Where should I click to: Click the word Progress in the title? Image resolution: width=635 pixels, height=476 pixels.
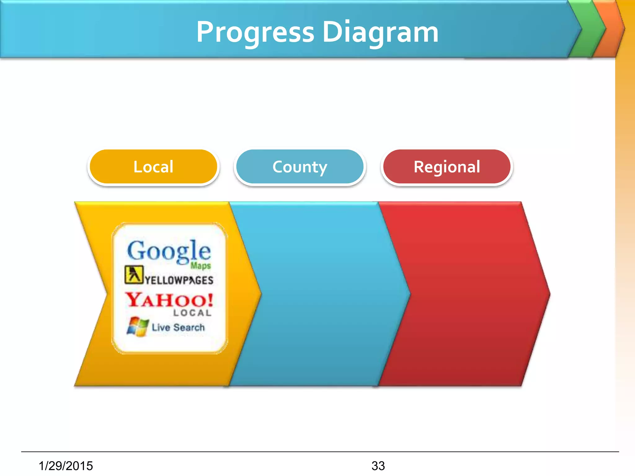(255, 33)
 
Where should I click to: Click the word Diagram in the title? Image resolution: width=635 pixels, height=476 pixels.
(380, 33)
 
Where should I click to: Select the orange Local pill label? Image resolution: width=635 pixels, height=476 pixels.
(153, 167)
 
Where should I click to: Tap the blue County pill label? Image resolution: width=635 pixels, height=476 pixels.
(300, 167)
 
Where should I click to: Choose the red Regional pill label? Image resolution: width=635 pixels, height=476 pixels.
(447, 167)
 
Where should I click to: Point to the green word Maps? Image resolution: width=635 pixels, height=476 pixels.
(201, 266)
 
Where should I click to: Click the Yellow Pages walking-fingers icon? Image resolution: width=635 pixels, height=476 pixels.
(134, 275)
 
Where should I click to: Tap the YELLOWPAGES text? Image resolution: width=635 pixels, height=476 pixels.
(179, 280)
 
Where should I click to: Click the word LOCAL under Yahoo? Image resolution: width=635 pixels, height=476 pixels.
(192, 313)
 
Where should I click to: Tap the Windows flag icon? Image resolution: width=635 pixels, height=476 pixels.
(137, 326)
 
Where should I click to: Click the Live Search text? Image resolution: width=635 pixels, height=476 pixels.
(178, 327)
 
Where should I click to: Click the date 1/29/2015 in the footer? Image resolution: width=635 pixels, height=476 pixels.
(66, 466)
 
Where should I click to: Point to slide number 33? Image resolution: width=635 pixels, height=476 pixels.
(378, 466)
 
